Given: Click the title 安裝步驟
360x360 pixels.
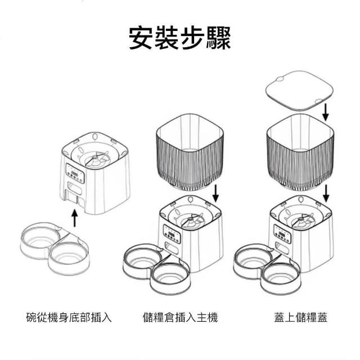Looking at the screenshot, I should coord(179,37).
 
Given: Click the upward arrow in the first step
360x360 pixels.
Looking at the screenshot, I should coord(73,217).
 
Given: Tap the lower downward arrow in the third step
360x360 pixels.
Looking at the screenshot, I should coord(326,192).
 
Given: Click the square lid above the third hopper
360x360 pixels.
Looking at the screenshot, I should coord(298,91).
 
